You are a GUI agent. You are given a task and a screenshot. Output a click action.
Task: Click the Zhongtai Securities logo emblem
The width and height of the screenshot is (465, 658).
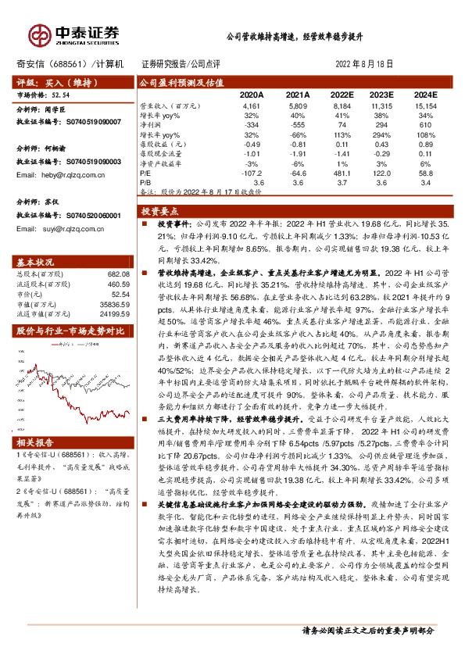pyautogui.click(x=38, y=34)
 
